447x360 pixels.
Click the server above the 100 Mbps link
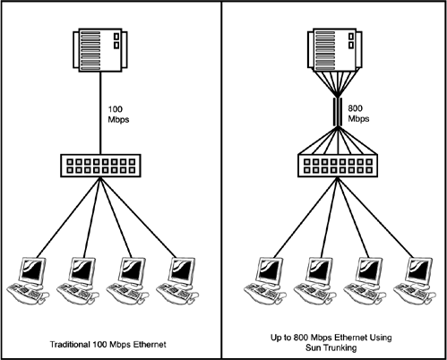point(100,50)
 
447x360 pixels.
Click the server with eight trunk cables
point(335,50)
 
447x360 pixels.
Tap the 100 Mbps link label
point(118,115)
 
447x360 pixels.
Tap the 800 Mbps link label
point(358,114)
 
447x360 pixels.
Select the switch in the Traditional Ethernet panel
point(100,166)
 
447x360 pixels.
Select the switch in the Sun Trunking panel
point(338,166)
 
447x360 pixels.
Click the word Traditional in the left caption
point(70,345)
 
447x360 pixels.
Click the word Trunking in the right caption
point(340,347)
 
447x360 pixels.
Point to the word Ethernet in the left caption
point(150,345)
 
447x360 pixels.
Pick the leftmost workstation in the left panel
point(28,281)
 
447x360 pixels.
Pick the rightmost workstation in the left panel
point(177,281)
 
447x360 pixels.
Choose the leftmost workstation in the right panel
point(265,281)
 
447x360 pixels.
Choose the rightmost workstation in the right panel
point(415,281)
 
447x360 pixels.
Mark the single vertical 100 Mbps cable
point(100,113)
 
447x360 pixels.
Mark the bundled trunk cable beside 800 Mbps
point(338,112)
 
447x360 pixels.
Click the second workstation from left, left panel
point(78,281)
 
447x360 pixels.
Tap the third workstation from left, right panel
point(365,281)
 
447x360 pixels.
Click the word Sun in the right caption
point(313,347)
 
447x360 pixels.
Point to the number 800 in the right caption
point(301,338)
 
